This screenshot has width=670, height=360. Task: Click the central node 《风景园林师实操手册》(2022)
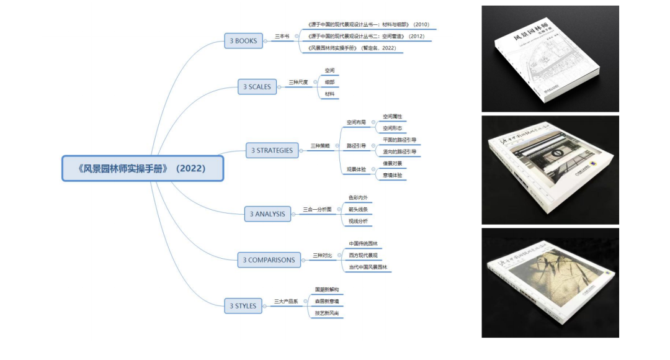click(x=142, y=168)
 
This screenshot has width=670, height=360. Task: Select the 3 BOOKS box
click(x=243, y=41)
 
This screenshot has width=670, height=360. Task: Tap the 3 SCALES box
click(x=257, y=87)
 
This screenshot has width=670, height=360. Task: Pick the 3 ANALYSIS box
click(x=267, y=214)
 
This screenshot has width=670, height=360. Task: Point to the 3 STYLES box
click(x=243, y=306)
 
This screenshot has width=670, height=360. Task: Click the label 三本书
click(x=282, y=37)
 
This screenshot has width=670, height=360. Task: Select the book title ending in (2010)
click(x=368, y=25)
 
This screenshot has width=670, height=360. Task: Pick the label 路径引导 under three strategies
click(x=355, y=146)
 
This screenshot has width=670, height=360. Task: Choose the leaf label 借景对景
click(x=392, y=163)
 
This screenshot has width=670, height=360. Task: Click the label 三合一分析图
click(x=317, y=209)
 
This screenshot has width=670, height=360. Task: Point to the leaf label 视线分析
click(x=357, y=221)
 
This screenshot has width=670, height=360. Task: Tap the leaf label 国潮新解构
click(x=326, y=290)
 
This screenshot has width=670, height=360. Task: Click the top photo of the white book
click(x=550, y=59)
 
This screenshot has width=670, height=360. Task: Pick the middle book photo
click(x=550, y=169)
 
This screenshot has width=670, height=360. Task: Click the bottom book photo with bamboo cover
click(x=550, y=282)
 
